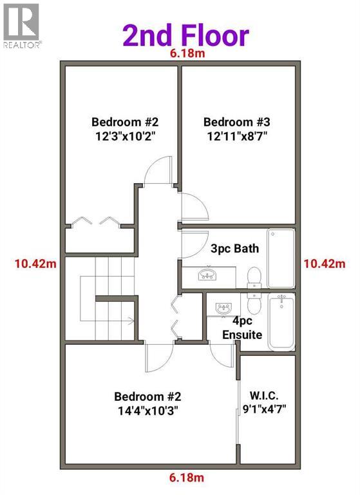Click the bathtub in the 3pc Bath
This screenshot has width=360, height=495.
tap(281, 258)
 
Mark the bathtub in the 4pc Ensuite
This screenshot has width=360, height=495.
tap(281, 322)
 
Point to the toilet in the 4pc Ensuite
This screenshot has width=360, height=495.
tap(255, 303)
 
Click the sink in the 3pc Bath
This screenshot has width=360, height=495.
tap(207, 276)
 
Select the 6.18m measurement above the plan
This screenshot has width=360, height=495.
tap(187, 54)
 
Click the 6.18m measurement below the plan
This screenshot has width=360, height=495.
tap(187, 478)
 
